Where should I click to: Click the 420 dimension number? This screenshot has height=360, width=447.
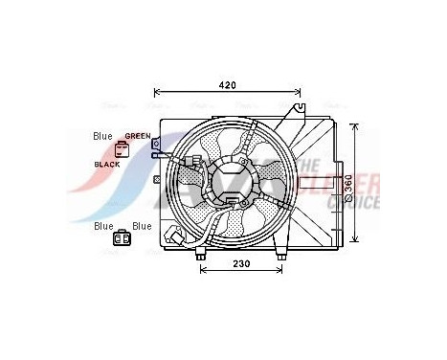227,85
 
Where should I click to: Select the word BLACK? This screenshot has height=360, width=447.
107,165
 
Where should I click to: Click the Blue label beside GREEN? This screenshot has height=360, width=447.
102,136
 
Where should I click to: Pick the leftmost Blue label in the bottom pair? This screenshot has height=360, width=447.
102,226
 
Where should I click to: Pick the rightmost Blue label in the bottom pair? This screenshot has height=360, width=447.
142,226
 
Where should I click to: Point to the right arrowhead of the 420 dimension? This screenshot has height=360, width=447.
298,96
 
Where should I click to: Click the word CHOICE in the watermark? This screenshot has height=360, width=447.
354,203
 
